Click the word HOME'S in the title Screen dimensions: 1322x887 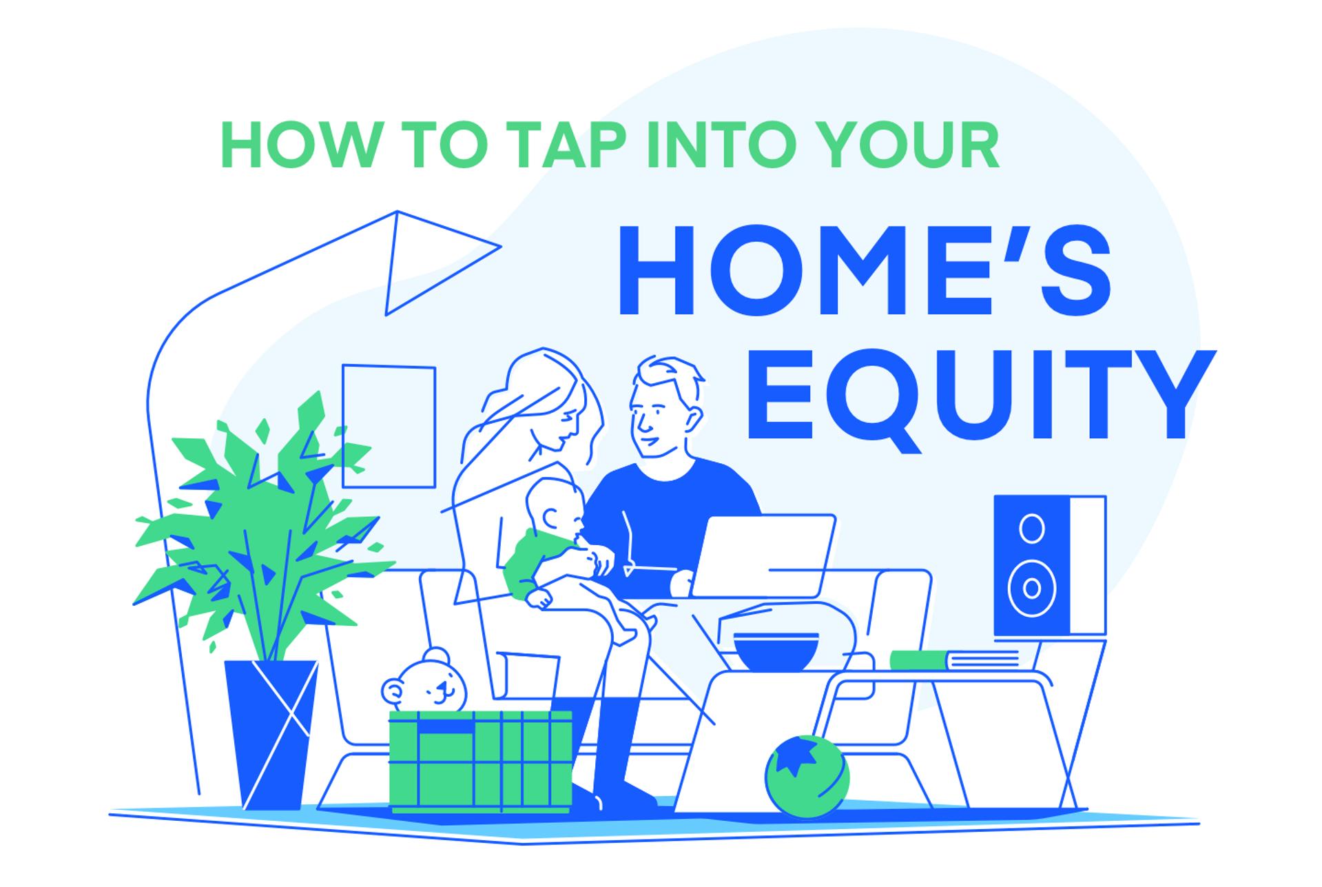864,270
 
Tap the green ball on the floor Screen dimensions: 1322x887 807,777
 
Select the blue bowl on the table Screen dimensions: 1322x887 776,652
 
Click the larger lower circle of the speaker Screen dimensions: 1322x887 1031,588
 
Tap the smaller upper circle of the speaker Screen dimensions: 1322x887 1031,529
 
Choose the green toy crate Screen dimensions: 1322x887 481,762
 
